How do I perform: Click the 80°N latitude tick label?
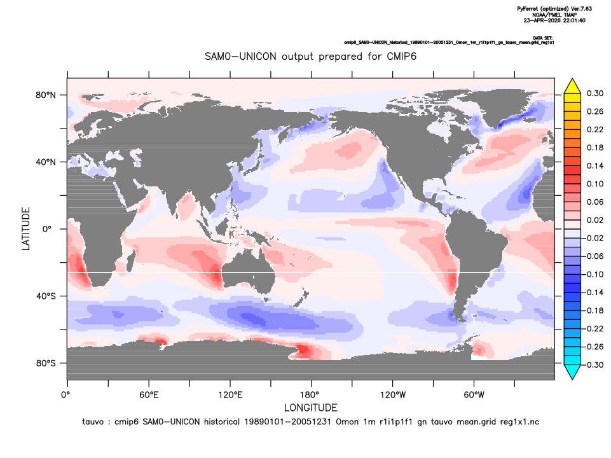click(46, 95)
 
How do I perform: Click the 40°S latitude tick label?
click(46, 296)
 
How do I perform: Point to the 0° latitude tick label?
click(47, 229)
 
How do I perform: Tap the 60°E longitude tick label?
click(149, 395)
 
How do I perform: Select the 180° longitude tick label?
click(312, 395)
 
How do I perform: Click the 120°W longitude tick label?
click(393, 395)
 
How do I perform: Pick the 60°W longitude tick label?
click(474, 395)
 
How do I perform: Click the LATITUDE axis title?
click(25, 229)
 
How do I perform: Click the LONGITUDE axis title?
click(310, 408)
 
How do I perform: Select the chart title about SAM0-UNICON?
click(310, 57)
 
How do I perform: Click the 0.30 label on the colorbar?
click(595, 93)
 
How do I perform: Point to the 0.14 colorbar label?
click(595, 165)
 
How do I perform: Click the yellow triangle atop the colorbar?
click(572, 87)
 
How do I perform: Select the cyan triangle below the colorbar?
click(572, 372)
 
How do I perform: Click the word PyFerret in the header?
click(528, 8)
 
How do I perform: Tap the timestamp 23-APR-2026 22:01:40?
click(554, 20)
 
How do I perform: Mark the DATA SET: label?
click(543, 38)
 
